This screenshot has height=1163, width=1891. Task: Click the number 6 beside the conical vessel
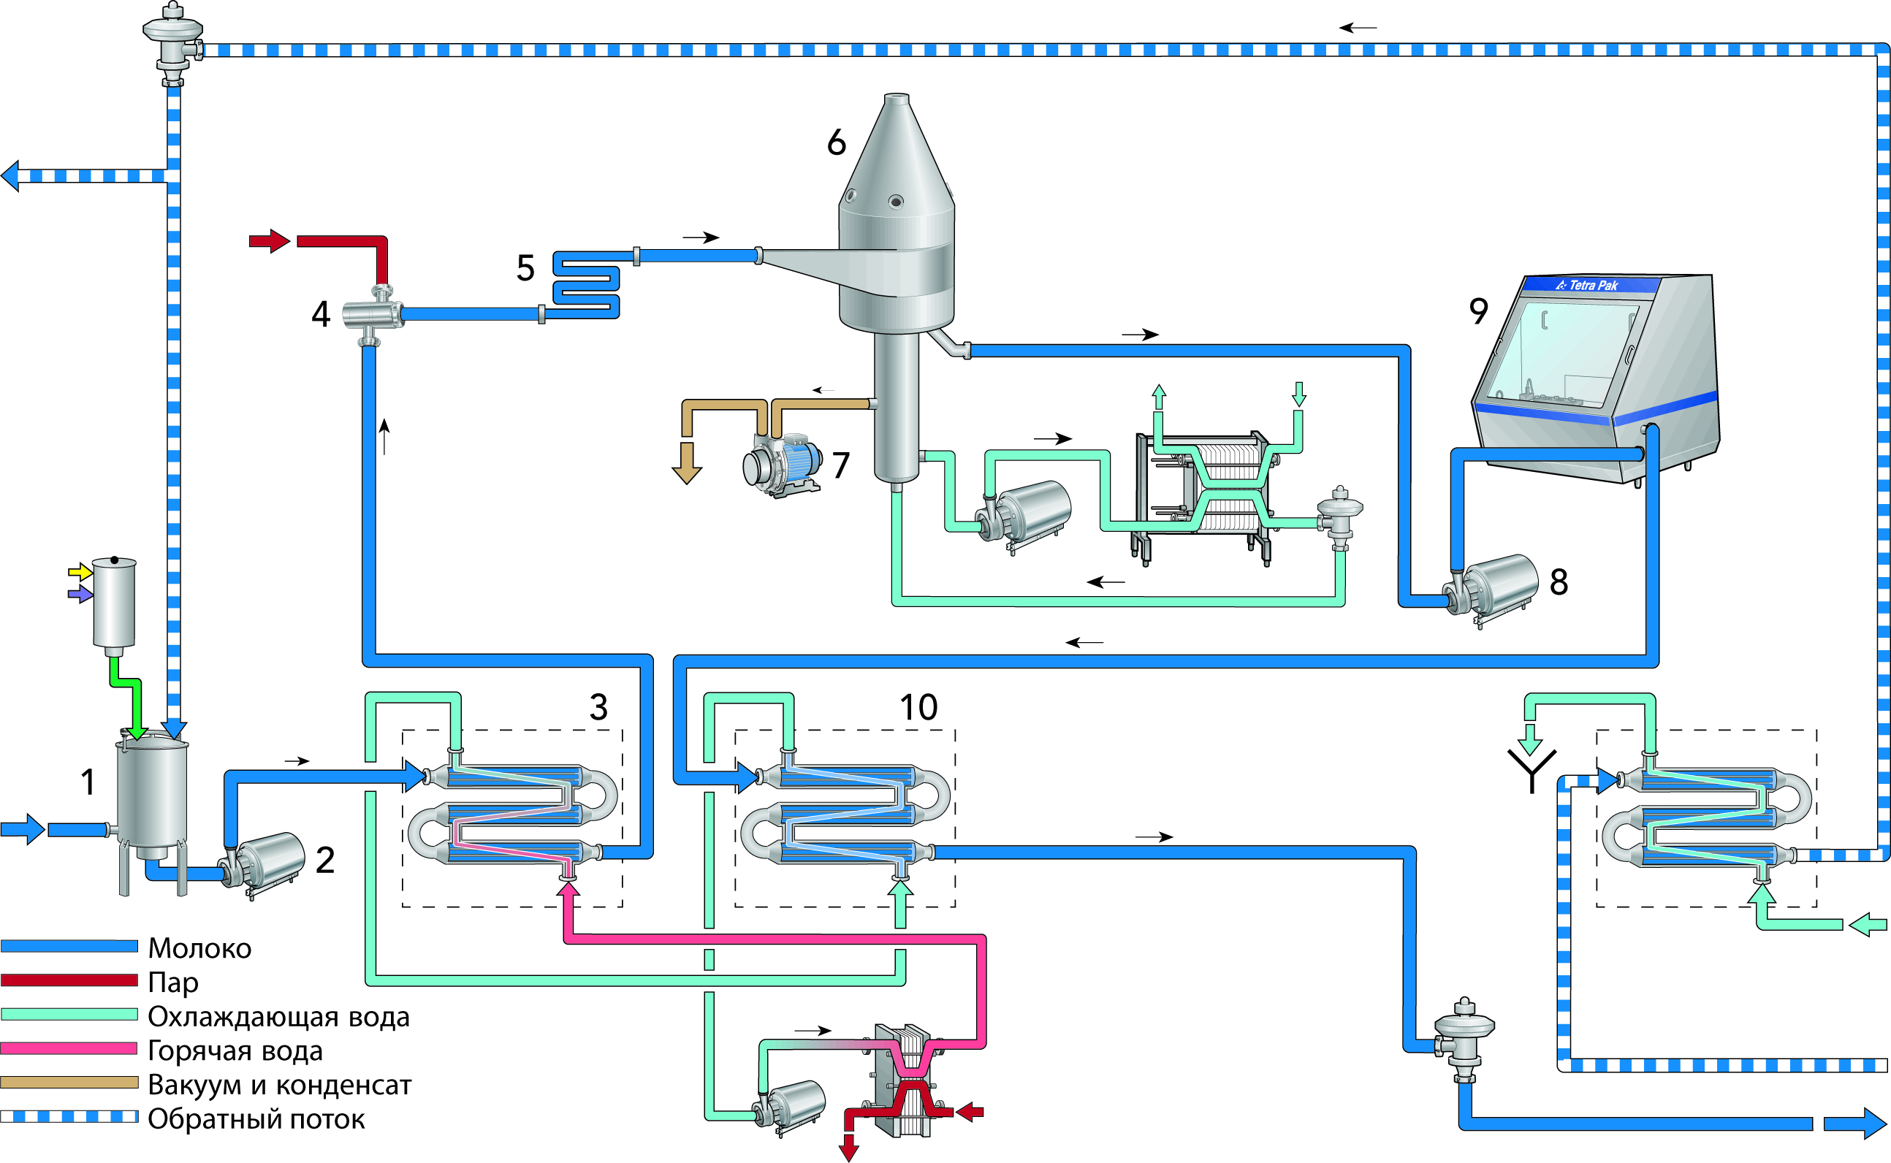pyautogui.click(x=836, y=142)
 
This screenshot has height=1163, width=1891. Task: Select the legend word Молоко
pyautogui.click(x=199, y=948)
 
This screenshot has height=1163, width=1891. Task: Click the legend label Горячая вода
pyautogui.click(x=235, y=1050)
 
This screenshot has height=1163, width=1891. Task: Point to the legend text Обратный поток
pyautogui.click(x=256, y=1119)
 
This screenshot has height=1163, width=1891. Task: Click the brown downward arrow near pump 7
pyautogui.click(x=686, y=463)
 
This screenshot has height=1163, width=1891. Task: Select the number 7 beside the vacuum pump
pyautogui.click(x=841, y=465)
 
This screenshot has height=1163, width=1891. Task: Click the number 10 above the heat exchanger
pyautogui.click(x=918, y=708)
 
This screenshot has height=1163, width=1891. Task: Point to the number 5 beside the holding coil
pyautogui.click(x=525, y=268)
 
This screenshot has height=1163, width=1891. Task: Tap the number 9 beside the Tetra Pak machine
pyautogui.click(x=1479, y=310)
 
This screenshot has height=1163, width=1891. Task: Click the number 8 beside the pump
pyautogui.click(x=1559, y=582)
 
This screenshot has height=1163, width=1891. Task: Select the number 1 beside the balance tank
pyautogui.click(x=88, y=782)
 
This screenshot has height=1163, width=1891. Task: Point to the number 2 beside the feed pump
pyautogui.click(x=324, y=860)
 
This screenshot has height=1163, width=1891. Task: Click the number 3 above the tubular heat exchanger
pyautogui.click(x=598, y=708)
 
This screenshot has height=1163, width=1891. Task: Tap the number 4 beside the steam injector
pyautogui.click(x=321, y=315)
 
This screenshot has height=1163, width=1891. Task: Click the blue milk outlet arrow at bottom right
pyautogui.click(x=1854, y=1124)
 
